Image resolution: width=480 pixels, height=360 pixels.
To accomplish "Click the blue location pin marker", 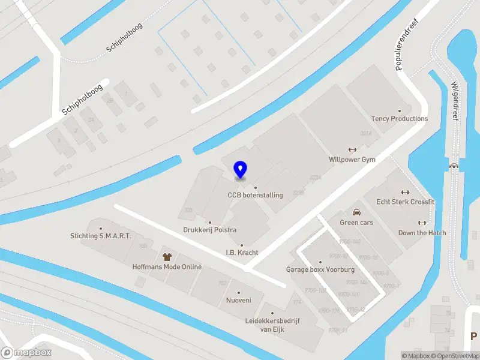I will tap(240, 170).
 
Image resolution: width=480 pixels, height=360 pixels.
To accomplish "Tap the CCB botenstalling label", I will tap(254, 195).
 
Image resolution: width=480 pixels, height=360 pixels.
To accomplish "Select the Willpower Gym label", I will tap(352, 160).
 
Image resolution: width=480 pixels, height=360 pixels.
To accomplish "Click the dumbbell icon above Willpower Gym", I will tap(352, 150).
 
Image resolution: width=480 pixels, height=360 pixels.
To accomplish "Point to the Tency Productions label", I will tap(400, 119).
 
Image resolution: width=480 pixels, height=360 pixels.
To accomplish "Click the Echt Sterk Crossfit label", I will tap(405, 202).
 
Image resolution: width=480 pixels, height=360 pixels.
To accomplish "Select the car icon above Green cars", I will tap(356, 212).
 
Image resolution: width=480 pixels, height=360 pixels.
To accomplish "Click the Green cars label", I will tap(356, 223).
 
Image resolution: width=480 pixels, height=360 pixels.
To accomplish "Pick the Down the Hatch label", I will tap(422, 233).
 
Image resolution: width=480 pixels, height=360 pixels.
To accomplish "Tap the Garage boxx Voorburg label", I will tap(320, 269).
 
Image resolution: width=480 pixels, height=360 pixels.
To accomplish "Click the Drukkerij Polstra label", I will tap(209, 230).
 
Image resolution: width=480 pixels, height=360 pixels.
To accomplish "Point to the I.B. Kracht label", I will tap(242, 253).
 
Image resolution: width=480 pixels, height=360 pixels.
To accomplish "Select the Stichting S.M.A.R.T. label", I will tap(100, 236).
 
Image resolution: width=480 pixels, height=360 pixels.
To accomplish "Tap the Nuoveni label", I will tap(238, 300).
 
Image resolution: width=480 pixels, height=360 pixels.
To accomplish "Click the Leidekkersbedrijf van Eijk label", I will tap(272, 325).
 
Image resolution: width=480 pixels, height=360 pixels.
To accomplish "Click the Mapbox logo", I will tap(26, 352).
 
